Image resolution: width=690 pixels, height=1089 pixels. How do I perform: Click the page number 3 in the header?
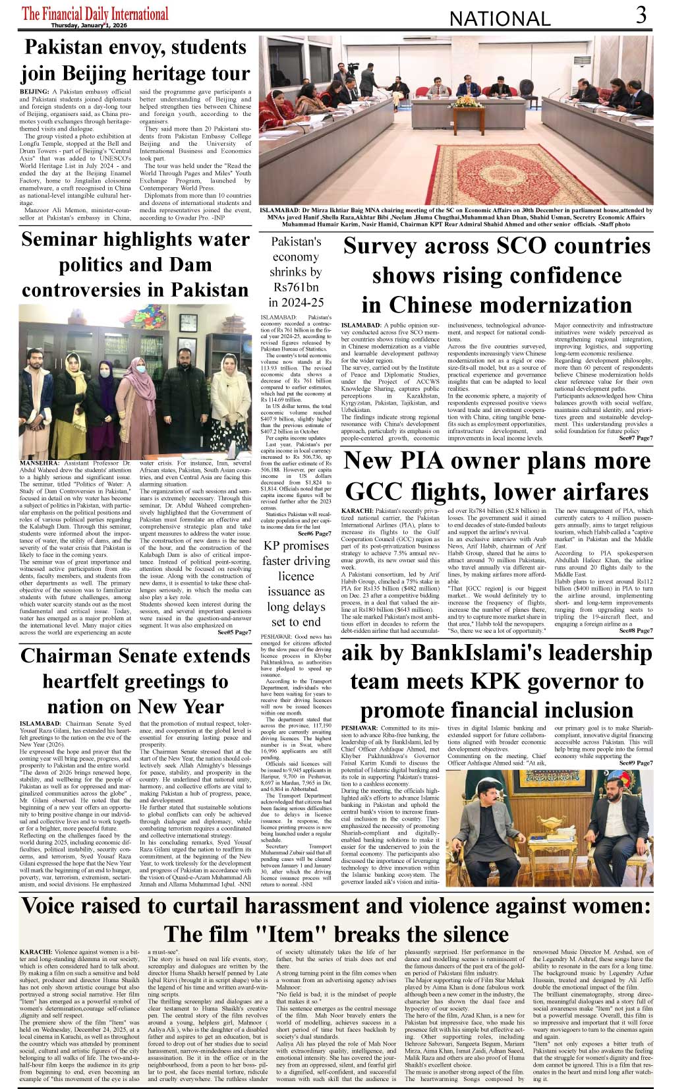(641, 15)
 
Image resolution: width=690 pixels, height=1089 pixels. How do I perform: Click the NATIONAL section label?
(500, 19)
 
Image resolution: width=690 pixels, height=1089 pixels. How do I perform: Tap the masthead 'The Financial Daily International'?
(95, 13)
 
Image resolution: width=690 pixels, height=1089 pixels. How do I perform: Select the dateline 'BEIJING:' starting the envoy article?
(34, 91)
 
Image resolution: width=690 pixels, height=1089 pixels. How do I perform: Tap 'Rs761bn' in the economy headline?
(296, 287)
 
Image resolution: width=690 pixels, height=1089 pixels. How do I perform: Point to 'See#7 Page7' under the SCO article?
(635, 438)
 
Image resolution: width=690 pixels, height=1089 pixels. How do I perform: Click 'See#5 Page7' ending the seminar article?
(234, 632)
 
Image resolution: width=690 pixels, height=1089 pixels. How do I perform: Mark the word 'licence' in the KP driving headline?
(296, 576)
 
